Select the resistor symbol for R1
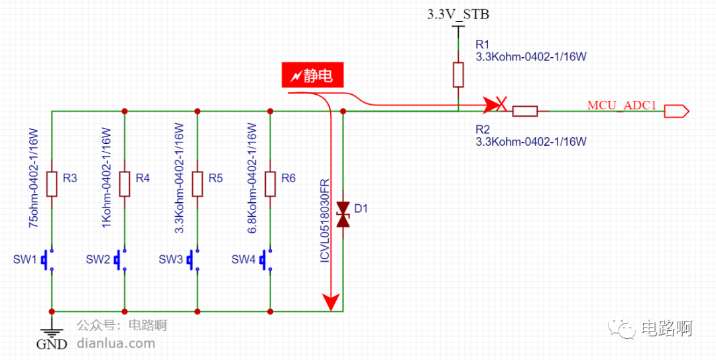(x=458, y=74)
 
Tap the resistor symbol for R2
(x=524, y=111)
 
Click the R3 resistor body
(x=52, y=184)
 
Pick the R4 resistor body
(x=125, y=184)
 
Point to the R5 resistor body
(x=198, y=184)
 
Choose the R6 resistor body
(x=270, y=184)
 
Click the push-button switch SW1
(x=48, y=260)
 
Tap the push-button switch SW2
(x=121, y=260)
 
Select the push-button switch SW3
(x=194, y=260)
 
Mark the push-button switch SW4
(x=267, y=260)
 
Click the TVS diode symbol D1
(x=343, y=214)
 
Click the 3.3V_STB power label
(x=458, y=15)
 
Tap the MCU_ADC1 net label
(x=622, y=105)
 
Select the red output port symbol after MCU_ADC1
(x=676, y=111)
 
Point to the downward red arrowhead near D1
(x=331, y=302)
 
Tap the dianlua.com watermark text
(x=117, y=343)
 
